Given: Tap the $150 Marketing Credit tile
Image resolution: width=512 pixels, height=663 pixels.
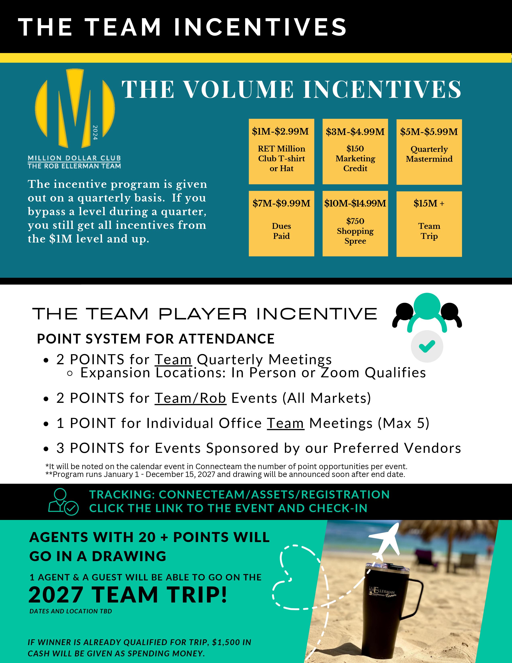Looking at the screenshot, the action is pyautogui.click(x=355, y=151).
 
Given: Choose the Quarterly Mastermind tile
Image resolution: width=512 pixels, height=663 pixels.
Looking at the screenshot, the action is pyautogui.click(x=429, y=152).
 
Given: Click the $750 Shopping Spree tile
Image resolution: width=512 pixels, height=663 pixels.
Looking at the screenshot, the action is pyautogui.click(x=355, y=223).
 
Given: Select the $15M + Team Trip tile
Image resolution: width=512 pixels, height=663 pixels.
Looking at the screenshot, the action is pyautogui.click(x=429, y=224).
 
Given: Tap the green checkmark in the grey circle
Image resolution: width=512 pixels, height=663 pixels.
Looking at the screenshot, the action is pyautogui.click(x=427, y=346).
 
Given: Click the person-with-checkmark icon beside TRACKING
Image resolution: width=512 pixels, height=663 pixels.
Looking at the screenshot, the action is pyautogui.click(x=63, y=502).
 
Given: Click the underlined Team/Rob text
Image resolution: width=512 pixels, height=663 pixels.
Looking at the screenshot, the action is pyautogui.click(x=191, y=398).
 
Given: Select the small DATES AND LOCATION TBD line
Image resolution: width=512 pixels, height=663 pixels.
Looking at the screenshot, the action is pyautogui.click(x=71, y=611).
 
